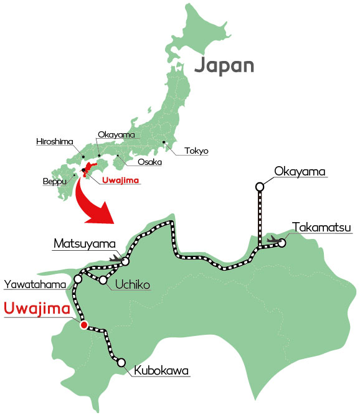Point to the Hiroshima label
click(x=55, y=141)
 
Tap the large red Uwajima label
click(x=36, y=308)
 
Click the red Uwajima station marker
click(x=83, y=324)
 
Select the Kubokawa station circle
click(x=121, y=362)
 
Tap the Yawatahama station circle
click(x=78, y=279)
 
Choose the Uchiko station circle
click(x=103, y=280)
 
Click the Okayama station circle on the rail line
click(x=260, y=185)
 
